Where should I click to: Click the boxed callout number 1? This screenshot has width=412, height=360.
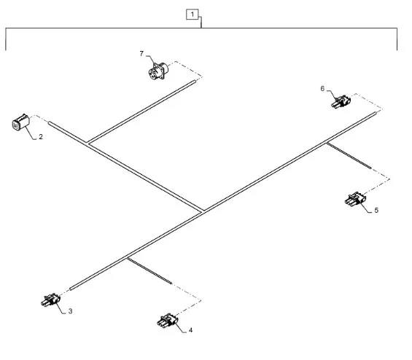pos(193,15)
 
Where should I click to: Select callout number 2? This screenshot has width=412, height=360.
pos(41,137)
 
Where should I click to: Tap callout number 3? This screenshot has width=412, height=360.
pos(70,311)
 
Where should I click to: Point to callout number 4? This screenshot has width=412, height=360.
pos(190,330)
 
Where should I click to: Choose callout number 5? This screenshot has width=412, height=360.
pos(376,211)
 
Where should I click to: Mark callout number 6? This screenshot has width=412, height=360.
pos(322,89)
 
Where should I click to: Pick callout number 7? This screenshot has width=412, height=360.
pos(141,54)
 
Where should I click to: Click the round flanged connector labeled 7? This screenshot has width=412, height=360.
pos(158,71)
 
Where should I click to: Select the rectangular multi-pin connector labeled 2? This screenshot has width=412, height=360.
pos(20,122)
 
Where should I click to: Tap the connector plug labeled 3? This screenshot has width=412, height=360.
pos(50,300)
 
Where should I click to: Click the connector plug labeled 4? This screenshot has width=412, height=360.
pos(168,321)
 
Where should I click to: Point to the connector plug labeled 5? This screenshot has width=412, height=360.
pos(355,199)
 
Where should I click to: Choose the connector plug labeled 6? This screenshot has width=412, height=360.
pos(341,101)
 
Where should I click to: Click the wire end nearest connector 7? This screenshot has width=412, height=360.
pos(195,82)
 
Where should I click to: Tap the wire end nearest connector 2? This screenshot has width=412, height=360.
pos(49,122)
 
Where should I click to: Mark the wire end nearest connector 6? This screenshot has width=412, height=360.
pos(376,113)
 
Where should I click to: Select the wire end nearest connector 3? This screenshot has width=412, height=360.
pos(71,289)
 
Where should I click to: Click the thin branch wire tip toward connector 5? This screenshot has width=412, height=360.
pos(370,168)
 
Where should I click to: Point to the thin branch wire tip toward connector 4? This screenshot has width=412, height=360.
pos(171,283)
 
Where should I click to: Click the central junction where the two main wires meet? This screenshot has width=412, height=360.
pos(203,211)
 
